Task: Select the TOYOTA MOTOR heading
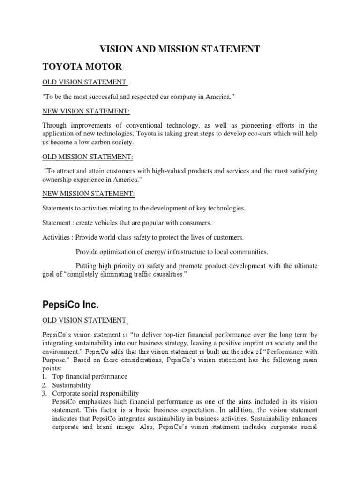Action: click(x=82, y=67)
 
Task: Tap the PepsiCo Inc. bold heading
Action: click(x=70, y=305)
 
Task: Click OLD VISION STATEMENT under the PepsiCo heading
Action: click(x=85, y=320)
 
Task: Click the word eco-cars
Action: click(x=267, y=134)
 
